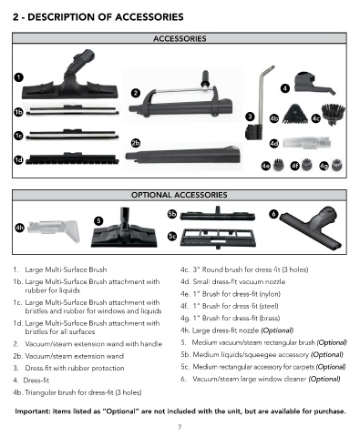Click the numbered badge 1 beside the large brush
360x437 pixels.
point(18,77)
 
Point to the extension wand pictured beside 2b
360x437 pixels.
point(184,155)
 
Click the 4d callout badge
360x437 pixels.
point(274,143)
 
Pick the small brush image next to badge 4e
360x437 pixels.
point(278,165)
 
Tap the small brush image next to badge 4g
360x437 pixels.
point(336,165)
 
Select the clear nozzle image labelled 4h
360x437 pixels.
point(54,231)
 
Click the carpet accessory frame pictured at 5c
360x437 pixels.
point(218,239)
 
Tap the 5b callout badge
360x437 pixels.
point(172,214)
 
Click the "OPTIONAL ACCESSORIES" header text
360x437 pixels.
point(180,195)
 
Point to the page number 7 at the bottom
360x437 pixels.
point(180,427)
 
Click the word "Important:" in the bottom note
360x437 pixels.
point(33,412)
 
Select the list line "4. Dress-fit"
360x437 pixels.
point(31,381)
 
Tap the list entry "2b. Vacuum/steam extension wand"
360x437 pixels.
point(68,356)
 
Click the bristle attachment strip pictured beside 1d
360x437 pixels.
point(72,158)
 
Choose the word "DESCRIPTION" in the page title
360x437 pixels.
point(67,17)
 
